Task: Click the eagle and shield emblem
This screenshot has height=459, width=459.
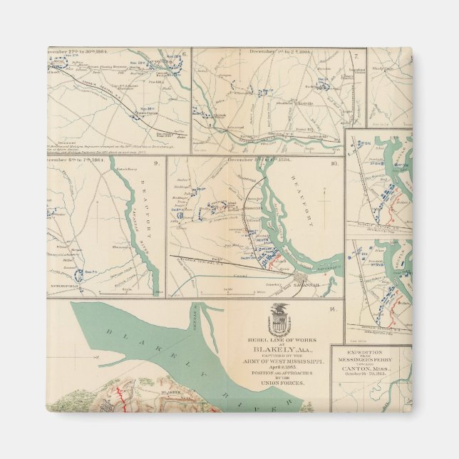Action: click(279, 319)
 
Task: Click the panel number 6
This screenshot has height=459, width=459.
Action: click(184, 54)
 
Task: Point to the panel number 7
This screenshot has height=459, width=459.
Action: click(356, 54)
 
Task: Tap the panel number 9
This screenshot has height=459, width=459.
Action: click(155, 163)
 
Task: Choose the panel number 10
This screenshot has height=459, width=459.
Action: click(333, 163)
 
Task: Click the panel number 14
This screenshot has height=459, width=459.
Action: click(333, 308)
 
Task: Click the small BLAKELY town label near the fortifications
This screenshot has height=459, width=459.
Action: click(170, 391)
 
